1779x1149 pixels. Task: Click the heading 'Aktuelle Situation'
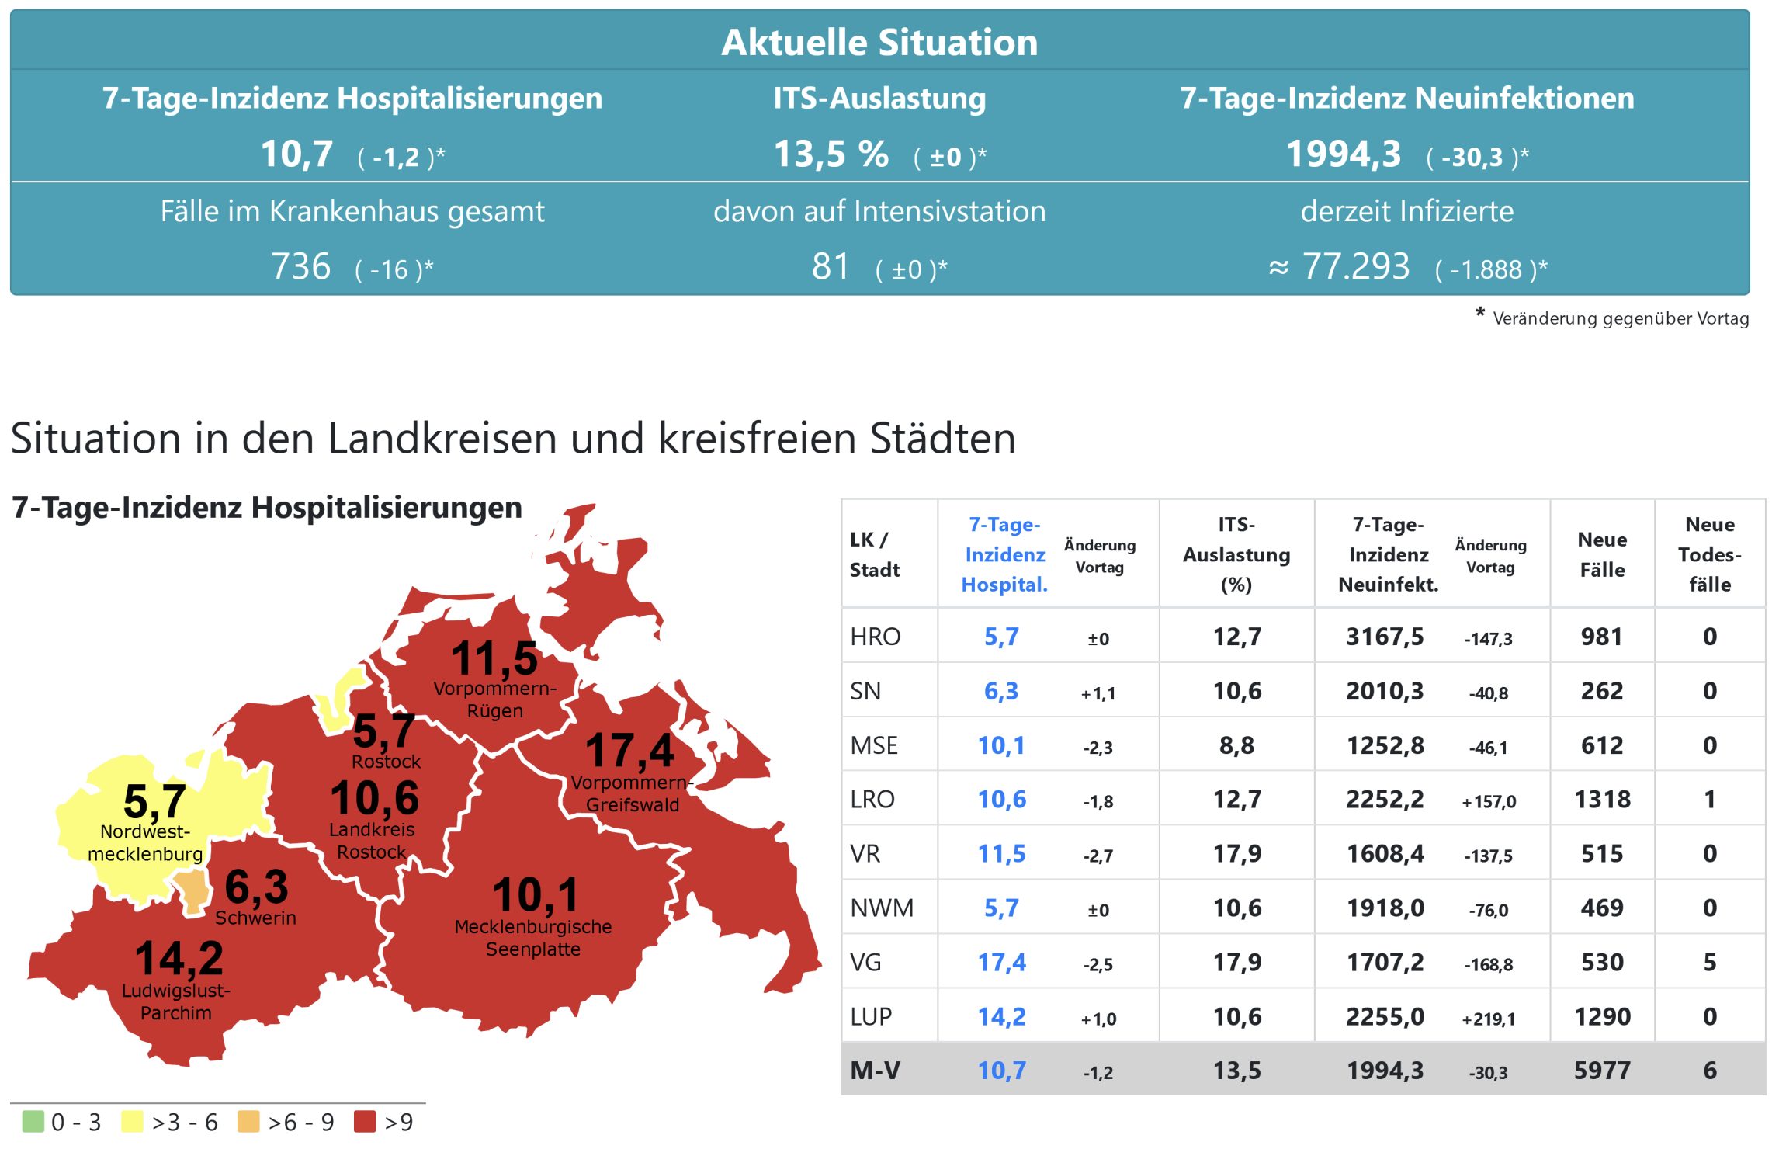point(879,43)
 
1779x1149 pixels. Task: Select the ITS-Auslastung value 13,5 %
point(831,154)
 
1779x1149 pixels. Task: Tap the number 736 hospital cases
point(301,267)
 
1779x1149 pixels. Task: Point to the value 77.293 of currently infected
point(1355,267)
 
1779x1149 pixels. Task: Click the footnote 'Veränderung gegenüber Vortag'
point(1620,318)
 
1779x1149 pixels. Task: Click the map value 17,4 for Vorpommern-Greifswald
point(629,750)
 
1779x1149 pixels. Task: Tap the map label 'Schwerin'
point(255,918)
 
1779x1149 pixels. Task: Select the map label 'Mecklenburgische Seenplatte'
point(533,937)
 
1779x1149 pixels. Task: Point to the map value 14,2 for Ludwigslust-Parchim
point(179,958)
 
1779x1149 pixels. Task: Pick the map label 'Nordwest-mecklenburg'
point(145,842)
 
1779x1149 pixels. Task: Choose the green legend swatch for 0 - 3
point(33,1121)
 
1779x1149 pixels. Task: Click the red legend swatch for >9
point(364,1121)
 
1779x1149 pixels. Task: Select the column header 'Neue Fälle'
point(1601,554)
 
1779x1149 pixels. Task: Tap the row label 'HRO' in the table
point(875,637)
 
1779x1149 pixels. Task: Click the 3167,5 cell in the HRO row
point(1385,637)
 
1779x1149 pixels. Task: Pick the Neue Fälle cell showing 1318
point(1601,799)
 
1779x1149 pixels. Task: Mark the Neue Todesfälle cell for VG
point(1709,962)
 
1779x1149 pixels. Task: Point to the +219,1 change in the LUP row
point(1488,1019)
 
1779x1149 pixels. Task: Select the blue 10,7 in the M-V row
point(1001,1071)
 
